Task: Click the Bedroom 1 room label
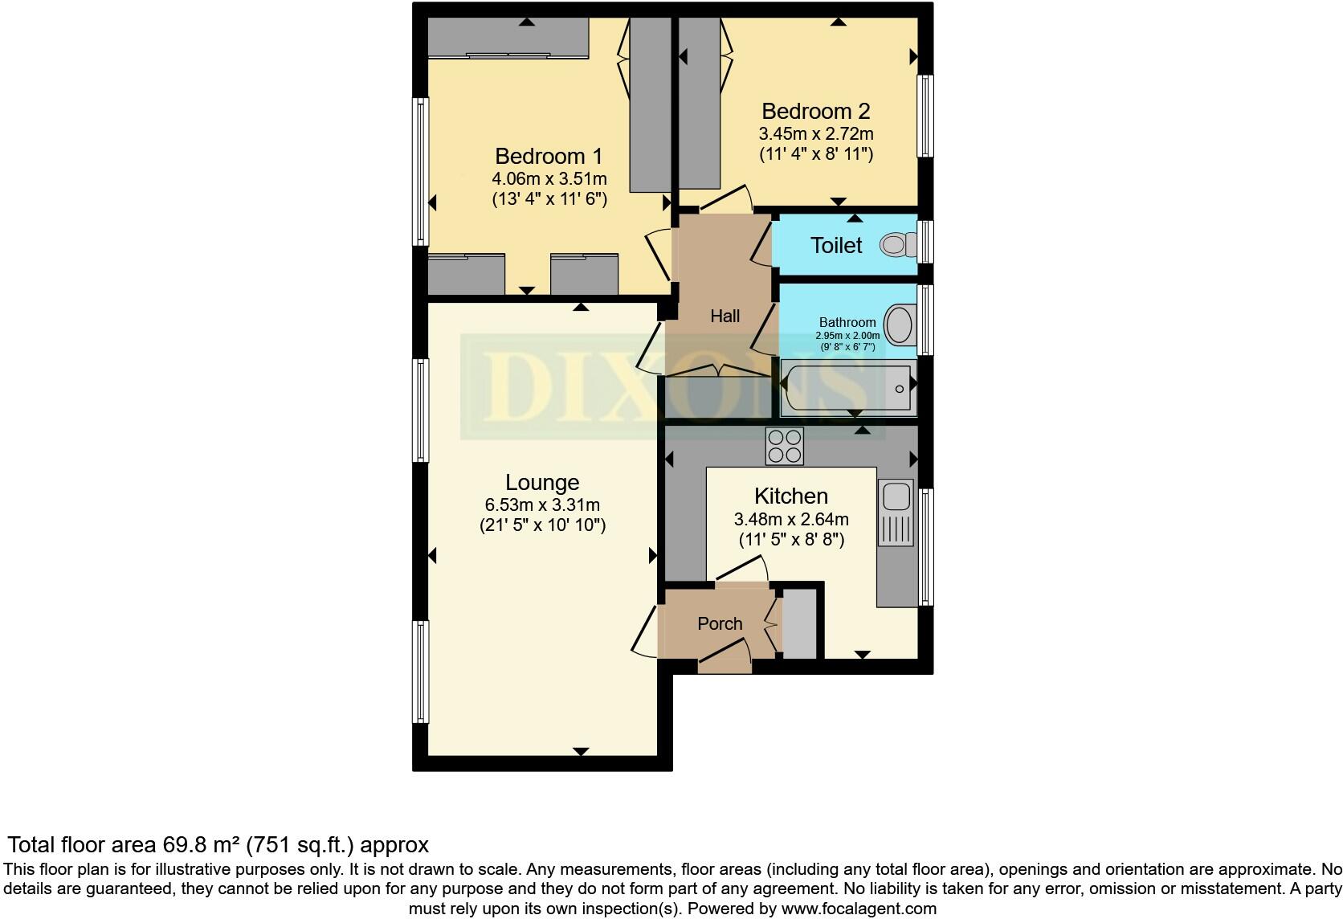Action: (x=549, y=156)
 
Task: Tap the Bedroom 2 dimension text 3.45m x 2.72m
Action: (x=815, y=133)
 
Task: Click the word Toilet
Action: (x=836, y=245)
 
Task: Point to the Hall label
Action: (x=725, y=316)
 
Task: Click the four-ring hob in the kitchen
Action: (x=784, y=447)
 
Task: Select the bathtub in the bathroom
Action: (x=848, y=389)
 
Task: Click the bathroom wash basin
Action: (x=900, y=325)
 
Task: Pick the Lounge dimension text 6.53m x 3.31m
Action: (x=542, y=505)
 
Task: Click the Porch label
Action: (x=720, y=623)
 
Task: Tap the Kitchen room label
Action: (x=791, y=496)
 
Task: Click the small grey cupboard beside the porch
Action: (x=798, y=623)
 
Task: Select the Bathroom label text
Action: (x=847, y=322)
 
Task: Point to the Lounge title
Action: (x=542, y=482)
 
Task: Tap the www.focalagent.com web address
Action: (x=859, y=909)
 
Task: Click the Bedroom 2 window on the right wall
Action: (x=926, y=116)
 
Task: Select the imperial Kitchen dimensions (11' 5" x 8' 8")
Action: (x=791, y=540)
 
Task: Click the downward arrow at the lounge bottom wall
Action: (x=581, y=751)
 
